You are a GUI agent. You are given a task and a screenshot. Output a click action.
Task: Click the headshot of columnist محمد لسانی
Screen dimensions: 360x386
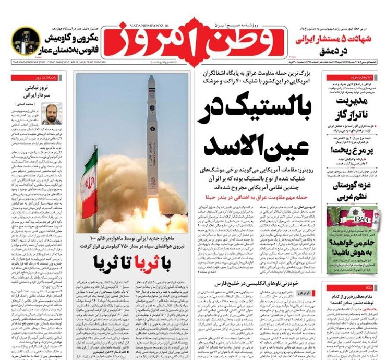pyautogui.click(x=52, y=113)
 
